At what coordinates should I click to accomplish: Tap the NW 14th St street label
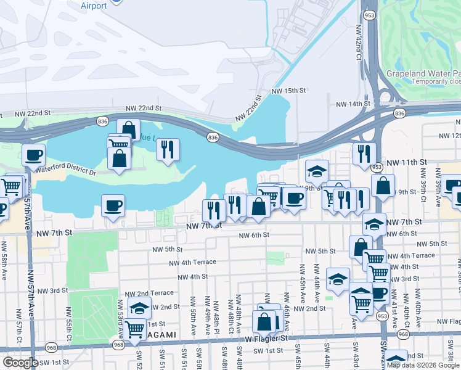(350, 104)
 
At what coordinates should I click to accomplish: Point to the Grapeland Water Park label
(423, 73)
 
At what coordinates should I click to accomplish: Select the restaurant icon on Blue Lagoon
(168, 149)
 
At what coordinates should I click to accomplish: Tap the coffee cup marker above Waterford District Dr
(33, 154)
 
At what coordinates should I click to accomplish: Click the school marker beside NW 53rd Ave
(140, 307)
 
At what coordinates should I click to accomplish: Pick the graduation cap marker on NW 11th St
(317, 170)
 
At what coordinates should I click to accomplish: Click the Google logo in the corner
(20, 363)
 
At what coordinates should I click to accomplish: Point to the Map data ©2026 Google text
(423, 364)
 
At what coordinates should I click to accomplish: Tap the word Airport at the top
(94, 6)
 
